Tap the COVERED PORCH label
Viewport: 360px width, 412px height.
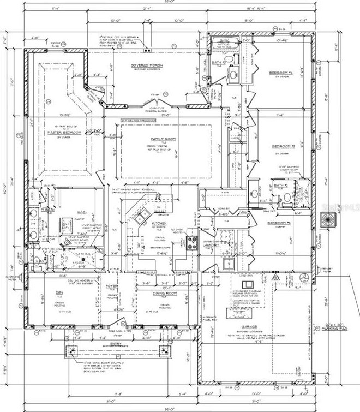tap(145, 66)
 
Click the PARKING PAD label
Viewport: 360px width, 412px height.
tap(335, 329)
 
